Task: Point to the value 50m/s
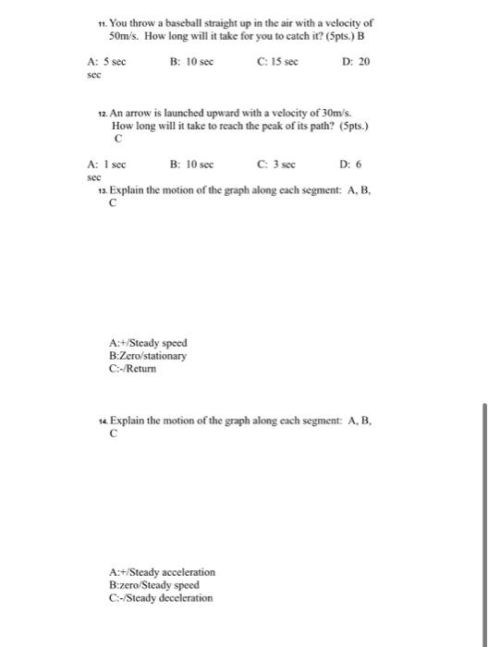coord(123,34)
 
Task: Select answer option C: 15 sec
coord(275,61)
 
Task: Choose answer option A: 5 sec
coord(106,61)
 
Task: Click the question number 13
coord(102,189)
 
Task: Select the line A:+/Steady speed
coord(148,343)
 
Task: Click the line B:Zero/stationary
coord(148,355)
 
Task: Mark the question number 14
coord(102,421)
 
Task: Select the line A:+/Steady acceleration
coord(162,572)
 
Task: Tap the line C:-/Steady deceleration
coord(161,597)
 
